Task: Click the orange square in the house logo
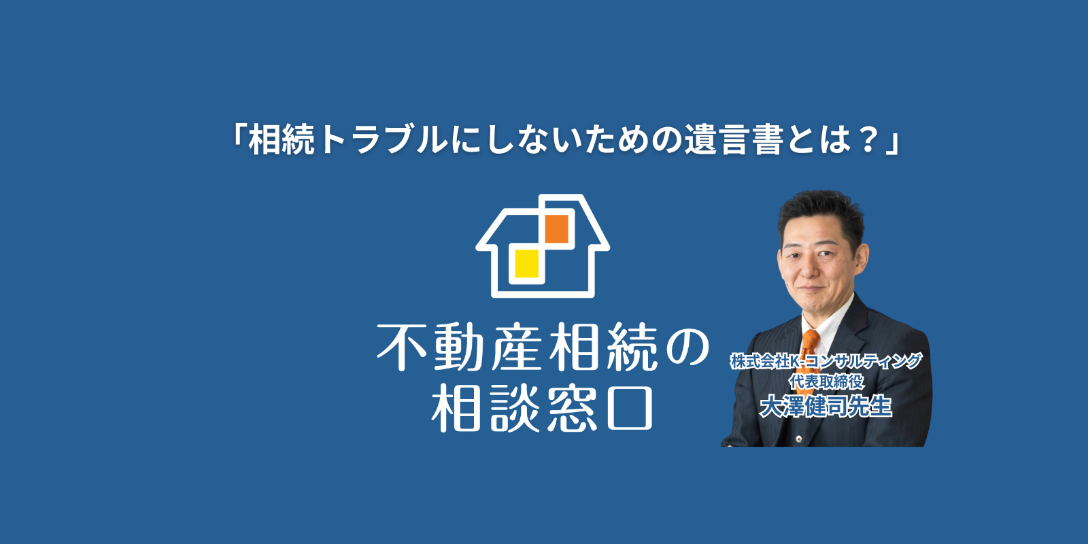(557, 228)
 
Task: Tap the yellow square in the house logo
(526, 263)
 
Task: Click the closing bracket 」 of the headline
(893, 143)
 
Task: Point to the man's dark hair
(821, 214)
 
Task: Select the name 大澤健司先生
(826, 407)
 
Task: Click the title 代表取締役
(827, 381)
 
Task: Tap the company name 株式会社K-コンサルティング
(826, 361)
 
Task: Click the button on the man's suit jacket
(799, 439)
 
